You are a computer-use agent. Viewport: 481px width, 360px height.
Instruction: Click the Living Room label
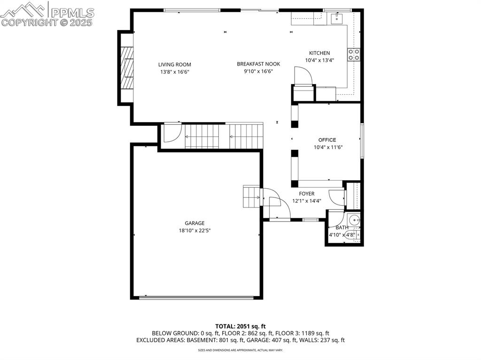pos(174,65)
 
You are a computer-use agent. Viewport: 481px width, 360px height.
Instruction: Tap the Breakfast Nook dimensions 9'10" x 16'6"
pos(258,71)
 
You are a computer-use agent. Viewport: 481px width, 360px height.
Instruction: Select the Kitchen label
pos(319,53)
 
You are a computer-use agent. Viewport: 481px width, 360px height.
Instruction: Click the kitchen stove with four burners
pos(354,55)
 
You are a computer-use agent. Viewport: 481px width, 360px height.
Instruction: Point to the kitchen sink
pos(337,19)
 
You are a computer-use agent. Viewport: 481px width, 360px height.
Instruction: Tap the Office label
pos(327,140)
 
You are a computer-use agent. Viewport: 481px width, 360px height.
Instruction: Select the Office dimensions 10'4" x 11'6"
pos(328,147)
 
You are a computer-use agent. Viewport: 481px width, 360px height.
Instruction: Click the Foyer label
pos(306,193)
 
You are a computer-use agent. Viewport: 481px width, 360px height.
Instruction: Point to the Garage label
pos(194,223)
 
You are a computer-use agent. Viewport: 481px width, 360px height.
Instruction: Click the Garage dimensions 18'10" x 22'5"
pos(194,230)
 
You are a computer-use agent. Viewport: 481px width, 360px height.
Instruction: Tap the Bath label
pos(341,228)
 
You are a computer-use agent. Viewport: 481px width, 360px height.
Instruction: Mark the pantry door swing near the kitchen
pos(302,75)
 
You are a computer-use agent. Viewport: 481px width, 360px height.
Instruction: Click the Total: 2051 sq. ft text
pos(240,326)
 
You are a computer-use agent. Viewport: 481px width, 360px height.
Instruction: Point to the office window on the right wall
pos(362,141)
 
